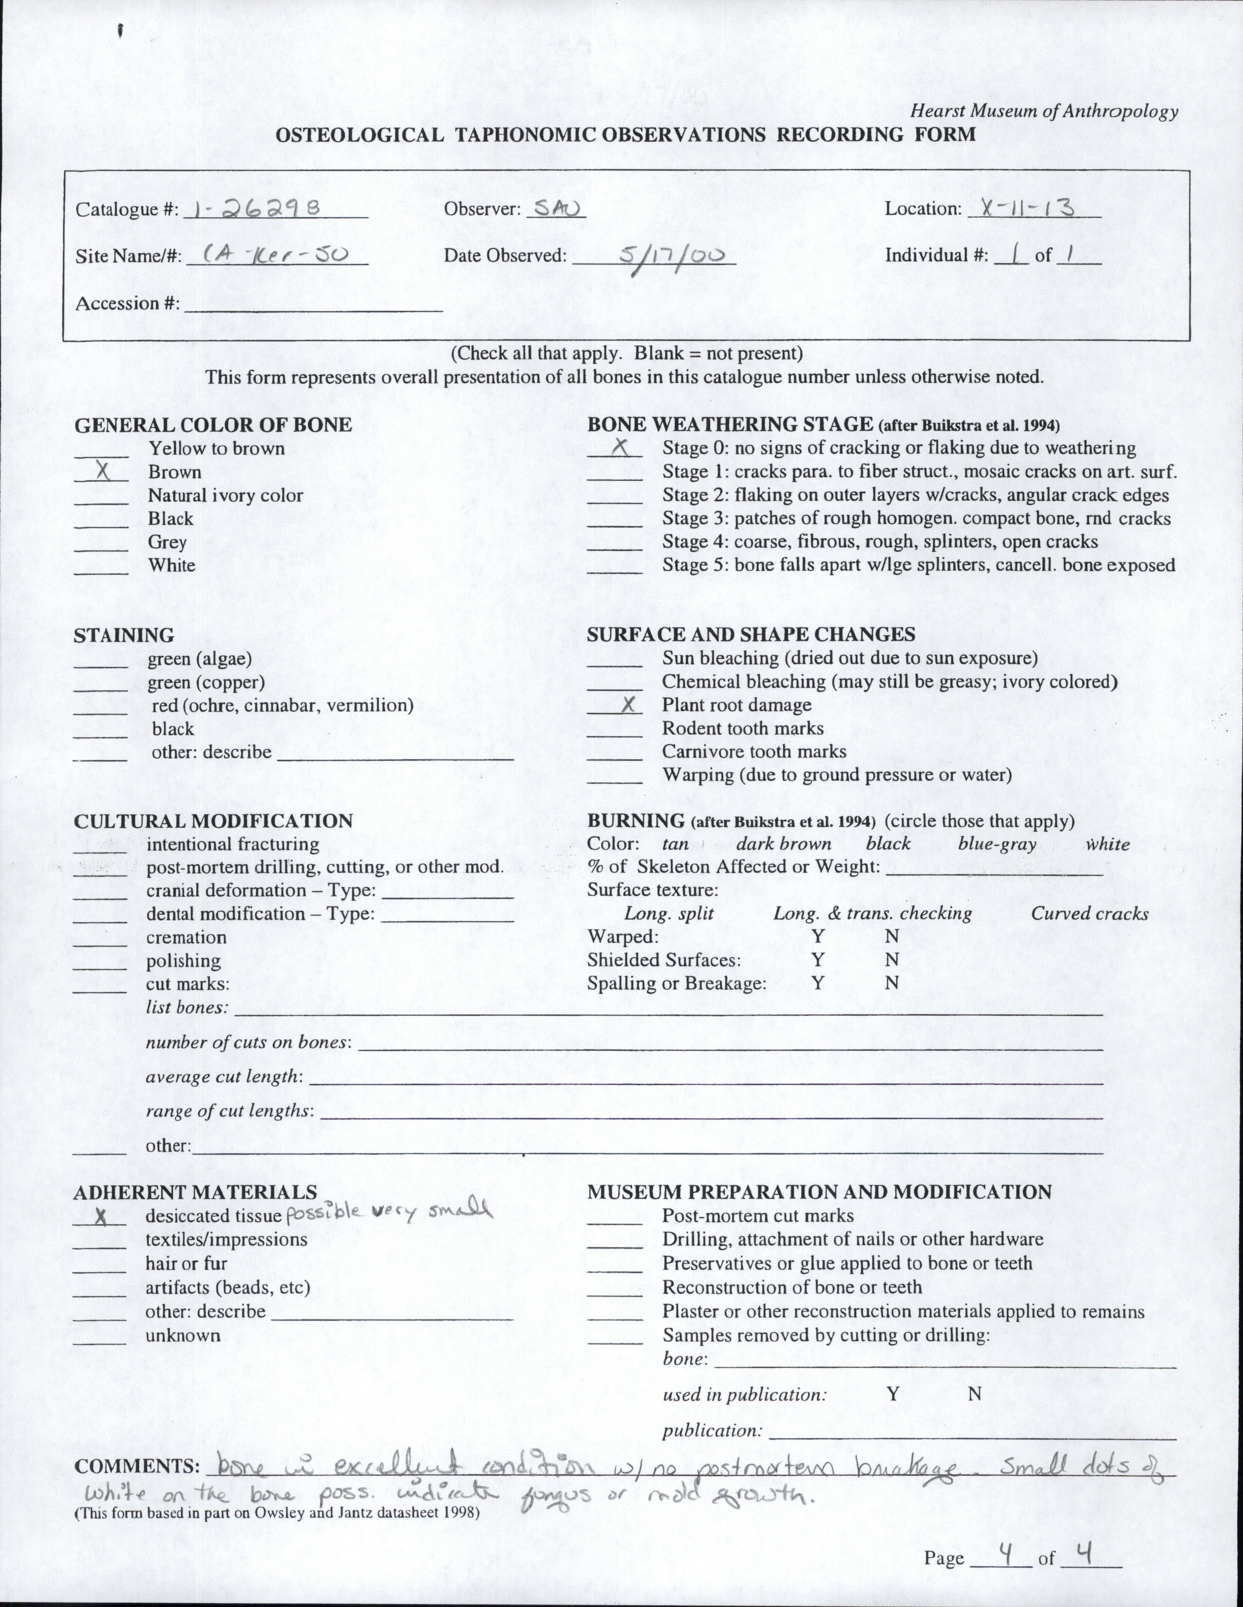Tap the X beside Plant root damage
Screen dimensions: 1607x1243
click(628, 705)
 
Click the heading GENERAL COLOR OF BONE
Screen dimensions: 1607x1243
click(213, 425)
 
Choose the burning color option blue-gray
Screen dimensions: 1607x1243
click(997, 844)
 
